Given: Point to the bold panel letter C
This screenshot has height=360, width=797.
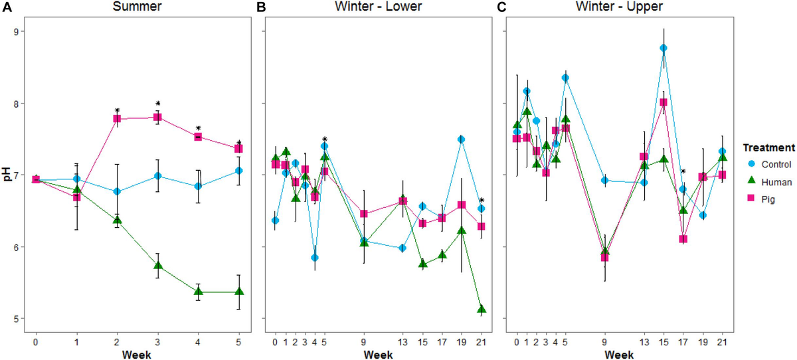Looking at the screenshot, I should point(501,7).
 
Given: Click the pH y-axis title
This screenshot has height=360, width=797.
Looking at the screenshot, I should point(6,175).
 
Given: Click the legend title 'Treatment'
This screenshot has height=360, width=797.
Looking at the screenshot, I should point(768,147).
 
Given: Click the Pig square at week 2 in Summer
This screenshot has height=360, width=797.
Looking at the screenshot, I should point(117,119).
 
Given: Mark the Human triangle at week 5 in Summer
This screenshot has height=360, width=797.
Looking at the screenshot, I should point(239,292).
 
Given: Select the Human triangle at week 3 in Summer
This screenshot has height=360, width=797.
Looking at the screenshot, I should point(158,266).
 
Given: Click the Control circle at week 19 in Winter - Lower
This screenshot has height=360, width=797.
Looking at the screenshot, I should point(461,139).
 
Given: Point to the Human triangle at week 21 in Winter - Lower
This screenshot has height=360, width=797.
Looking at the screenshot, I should point(481,310).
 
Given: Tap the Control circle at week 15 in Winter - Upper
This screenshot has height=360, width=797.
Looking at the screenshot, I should point(663,48).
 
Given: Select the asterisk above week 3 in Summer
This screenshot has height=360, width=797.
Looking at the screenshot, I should point(158,104).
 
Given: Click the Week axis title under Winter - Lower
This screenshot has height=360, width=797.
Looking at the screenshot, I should point(377,353).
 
